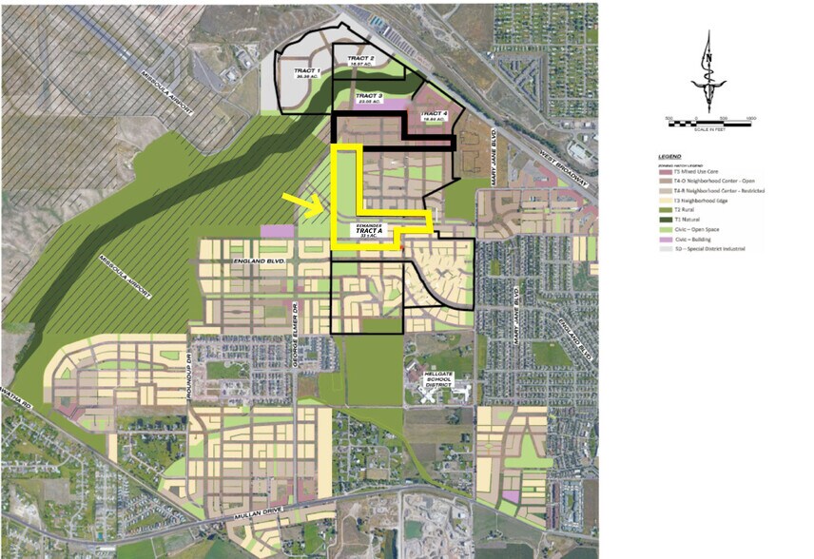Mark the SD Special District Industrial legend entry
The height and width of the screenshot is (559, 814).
703,249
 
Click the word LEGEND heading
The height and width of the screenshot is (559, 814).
669,156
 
